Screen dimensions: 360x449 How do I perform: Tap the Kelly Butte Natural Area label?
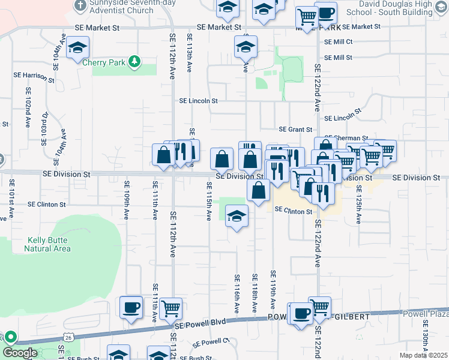click(x=49, y=244)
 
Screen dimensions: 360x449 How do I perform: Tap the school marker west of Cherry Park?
click(x=77, y=47)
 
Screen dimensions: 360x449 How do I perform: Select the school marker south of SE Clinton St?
click(x=237, y=215)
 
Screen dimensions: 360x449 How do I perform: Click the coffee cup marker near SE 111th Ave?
click(x=131, y=307)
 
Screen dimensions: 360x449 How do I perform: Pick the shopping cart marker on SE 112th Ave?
click(x=171, y=308)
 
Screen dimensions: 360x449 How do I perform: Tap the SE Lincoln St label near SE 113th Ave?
click(x=198, y=101)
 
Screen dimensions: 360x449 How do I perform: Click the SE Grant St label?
click(x=295, y=129)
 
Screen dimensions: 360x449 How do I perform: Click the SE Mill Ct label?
click(x=338, y=42)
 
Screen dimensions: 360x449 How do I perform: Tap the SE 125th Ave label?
click(x=358, y=204)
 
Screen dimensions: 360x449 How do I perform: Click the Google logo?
click(x=20, y=353)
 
